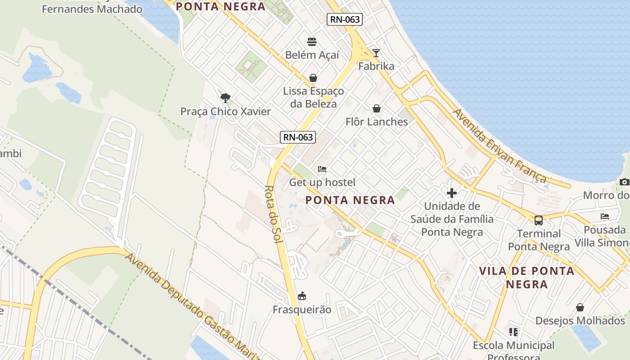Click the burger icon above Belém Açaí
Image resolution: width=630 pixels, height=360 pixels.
coord(312,42)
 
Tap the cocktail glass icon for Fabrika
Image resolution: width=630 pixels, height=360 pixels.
coord(376,53)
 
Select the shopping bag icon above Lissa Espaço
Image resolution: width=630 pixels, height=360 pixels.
coord(313,78)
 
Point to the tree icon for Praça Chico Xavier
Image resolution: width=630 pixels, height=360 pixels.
coord(225,98)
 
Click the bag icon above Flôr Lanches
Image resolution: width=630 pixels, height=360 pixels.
coord(377,108)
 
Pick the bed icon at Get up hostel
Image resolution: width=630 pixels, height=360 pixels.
coord(322,169)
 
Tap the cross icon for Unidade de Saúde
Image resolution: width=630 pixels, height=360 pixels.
coord(452,193)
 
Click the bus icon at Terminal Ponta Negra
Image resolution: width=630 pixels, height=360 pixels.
coord(539,220)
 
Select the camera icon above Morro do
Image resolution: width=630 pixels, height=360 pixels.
coord(624,182)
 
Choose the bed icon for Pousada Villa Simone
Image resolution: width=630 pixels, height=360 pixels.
coord(605,216)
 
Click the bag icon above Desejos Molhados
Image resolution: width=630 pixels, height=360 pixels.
coord(580,307)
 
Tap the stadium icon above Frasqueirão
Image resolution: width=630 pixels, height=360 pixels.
coord(302,296)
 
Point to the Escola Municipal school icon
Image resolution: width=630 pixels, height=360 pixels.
coord(513,332)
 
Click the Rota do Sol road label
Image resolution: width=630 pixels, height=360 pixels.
coord(273,215)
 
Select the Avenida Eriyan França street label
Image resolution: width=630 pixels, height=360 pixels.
coord(500,145)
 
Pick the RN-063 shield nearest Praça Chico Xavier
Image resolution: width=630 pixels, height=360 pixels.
coord(298,137)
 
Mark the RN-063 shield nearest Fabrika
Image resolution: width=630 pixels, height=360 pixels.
coord(345,19)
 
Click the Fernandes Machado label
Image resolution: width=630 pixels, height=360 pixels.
coord(92,9)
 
